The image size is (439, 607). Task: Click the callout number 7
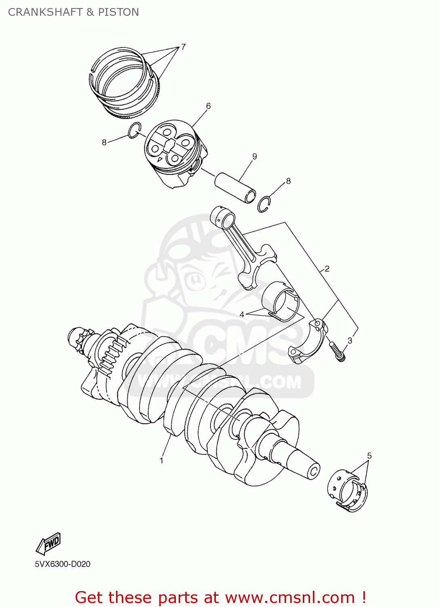click(x=183, y=47)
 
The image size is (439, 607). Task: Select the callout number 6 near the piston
click(x=208, y=106)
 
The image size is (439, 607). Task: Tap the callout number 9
click(x=254, y=157)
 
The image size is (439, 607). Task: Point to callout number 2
click(x=327, y=269)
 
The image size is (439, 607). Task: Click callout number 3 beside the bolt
click(x=350, y=340)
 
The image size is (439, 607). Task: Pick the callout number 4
click(x=242, y=314)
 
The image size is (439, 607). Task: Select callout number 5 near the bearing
click(x=369, y=456)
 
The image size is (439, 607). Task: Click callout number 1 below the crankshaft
click(x=161, y=461)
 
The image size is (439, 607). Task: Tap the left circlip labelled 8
click(x=134, y=130)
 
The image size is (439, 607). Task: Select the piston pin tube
click(x=235, y=187)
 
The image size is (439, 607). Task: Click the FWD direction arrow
click(x=49, y=543)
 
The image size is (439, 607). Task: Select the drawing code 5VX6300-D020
click(x=63, y=564)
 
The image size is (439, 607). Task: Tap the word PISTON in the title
click(x=118, y=12)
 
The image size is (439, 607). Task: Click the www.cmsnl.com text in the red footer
click(x=289, y=597)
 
